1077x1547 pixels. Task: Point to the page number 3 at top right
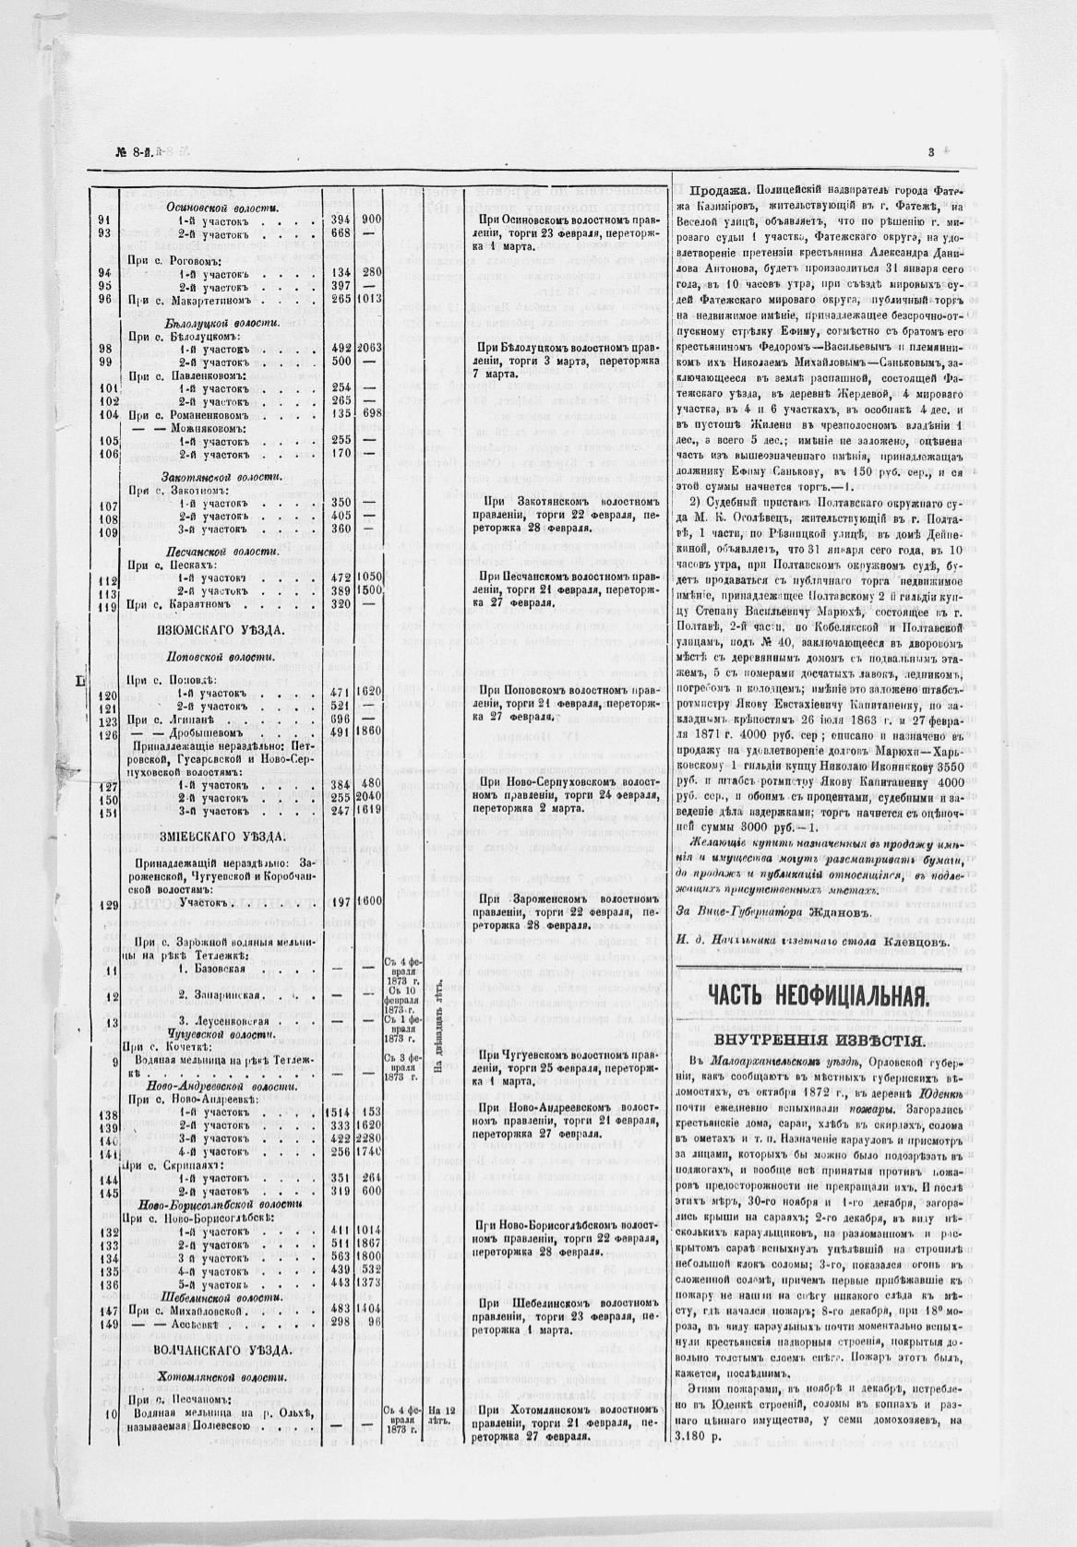point(931,152)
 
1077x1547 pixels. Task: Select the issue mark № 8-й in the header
point(133,152)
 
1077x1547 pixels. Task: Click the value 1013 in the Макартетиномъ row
point(370,299)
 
